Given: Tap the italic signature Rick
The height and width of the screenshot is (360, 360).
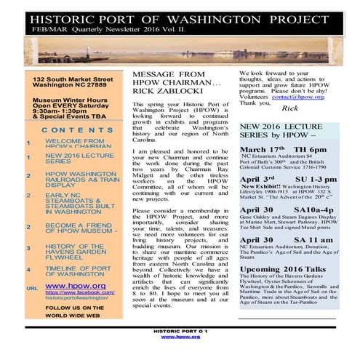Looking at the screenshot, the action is (x=289, y=108).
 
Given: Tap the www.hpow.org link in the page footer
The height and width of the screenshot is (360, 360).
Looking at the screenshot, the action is (x=180, y=337).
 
